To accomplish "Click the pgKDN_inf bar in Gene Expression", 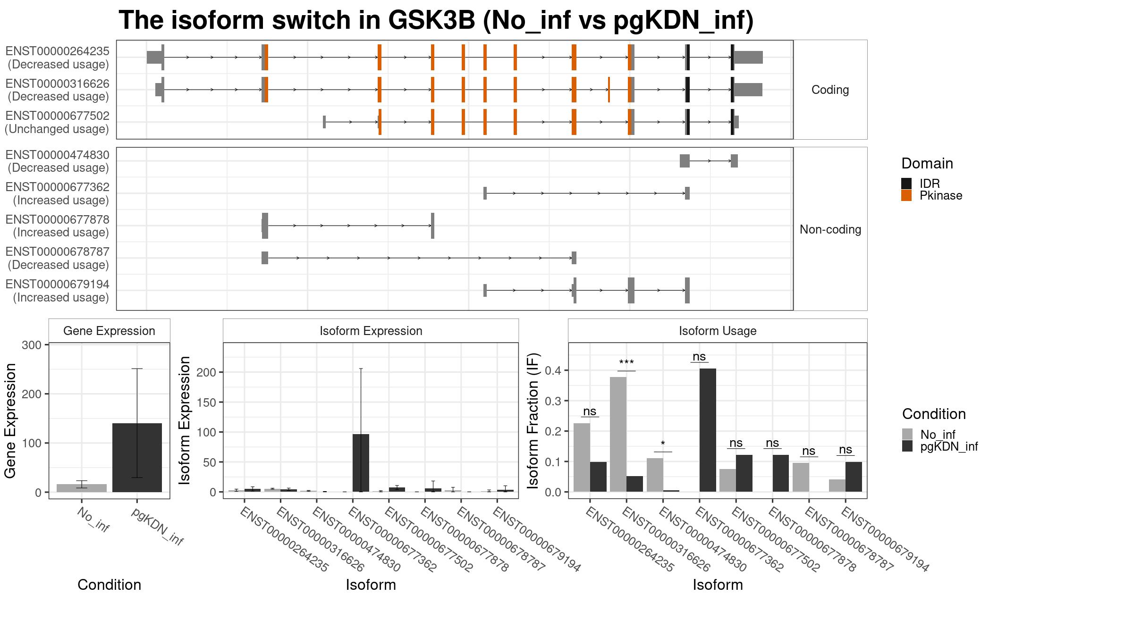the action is tap(137, 457).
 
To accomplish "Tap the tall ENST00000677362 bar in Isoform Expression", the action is tap(361, 463).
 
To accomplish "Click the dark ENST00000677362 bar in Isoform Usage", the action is tap(708, 430).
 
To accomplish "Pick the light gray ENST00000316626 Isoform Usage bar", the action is tap(618, 434).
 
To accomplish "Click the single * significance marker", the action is tap(663, 444).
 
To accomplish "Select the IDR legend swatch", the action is tap(906, 184).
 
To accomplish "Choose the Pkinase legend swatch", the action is tap(906, 195).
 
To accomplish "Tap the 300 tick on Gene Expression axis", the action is tap(32, 345).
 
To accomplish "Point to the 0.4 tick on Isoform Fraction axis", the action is tap(553, 370).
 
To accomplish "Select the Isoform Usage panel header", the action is tap(718, 331).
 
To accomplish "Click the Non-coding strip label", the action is tap(830, 229).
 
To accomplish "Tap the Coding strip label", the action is tap(830, 90).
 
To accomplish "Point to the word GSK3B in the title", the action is tap(432, 20).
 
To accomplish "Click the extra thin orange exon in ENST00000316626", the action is tap(609, 89).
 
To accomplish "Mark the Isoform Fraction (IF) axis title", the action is tap(533, 420).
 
